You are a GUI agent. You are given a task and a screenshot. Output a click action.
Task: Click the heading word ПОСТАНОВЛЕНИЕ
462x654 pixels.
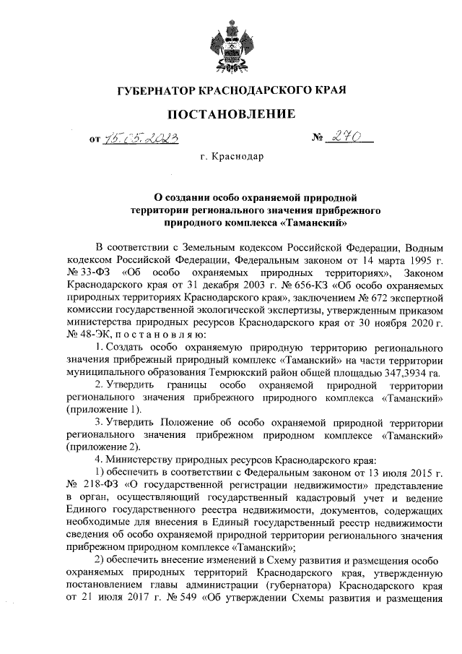click(231, 113)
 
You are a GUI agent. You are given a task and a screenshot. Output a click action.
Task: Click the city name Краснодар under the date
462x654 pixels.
click(237, 156)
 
